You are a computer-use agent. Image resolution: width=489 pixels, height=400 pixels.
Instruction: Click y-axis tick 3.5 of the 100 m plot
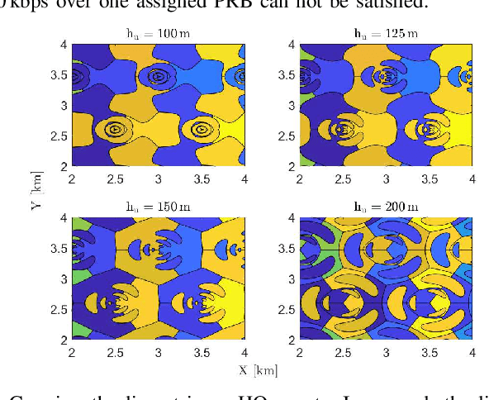click(59, 75)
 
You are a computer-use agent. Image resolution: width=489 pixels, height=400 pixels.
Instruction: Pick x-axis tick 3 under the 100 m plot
click(158, 178)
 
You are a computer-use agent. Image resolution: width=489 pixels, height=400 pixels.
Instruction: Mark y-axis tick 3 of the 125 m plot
click(288, 106)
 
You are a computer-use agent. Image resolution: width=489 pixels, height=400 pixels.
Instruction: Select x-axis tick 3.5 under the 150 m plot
click(201, 351)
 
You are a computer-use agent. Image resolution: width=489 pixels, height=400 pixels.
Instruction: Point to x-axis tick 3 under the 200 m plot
click(386, 351)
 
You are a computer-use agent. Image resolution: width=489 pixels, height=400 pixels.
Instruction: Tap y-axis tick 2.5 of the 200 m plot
click(288, 309)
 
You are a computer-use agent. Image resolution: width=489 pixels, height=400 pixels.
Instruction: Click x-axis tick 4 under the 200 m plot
click(471, 351)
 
